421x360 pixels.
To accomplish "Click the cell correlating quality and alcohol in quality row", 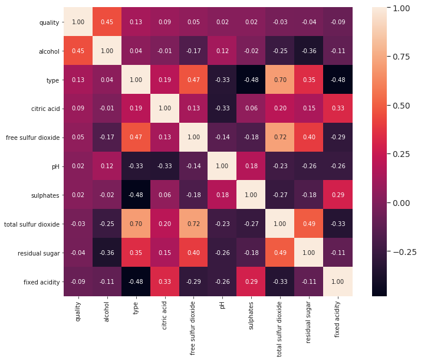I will [x=107, y=22].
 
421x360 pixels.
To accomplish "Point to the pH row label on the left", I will [x=55, y=167].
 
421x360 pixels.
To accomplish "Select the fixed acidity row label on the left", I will [x=41, y=282].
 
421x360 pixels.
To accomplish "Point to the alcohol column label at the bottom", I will [x=107, y=310].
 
